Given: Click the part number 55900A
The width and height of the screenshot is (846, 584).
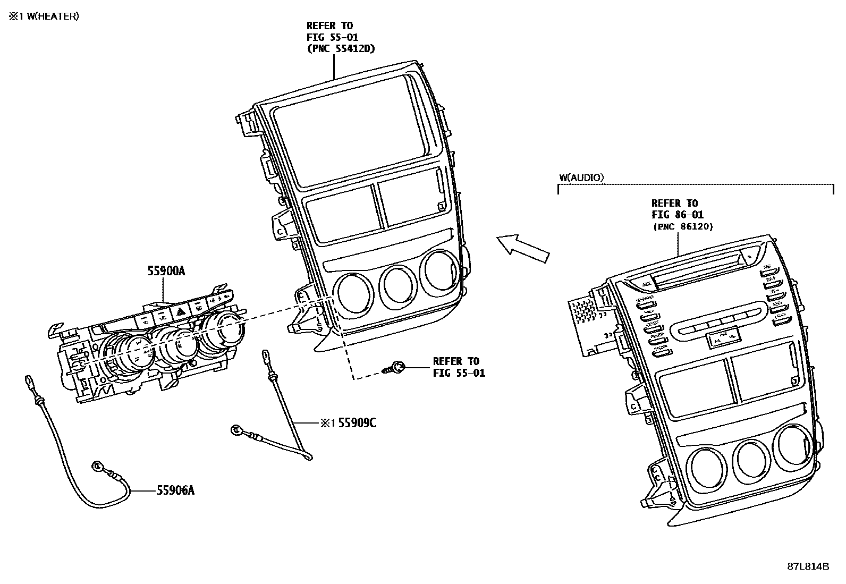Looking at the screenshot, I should click(x=166, y=271).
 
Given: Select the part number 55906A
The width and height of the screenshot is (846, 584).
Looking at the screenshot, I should click(x=175, y=490).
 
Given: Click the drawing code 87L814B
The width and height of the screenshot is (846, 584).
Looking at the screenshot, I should click(x=808, y=566).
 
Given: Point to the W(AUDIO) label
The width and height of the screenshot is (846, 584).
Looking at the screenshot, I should click(x=581, y=177).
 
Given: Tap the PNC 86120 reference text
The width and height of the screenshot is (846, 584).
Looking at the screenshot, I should click(x=683, y=226).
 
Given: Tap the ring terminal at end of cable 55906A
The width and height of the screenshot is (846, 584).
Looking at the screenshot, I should click(x=98, y=467).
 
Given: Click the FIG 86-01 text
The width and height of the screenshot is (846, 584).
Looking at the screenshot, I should click(x=677, y=215).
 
